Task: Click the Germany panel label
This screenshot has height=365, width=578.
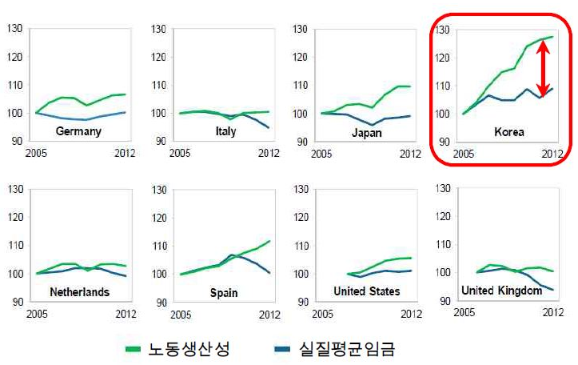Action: tap(78, 131)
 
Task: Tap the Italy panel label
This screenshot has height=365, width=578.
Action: tap(225, 131)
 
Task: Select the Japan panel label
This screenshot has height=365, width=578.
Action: tap(366, 132)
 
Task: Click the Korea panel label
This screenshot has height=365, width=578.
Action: tap(509, 132)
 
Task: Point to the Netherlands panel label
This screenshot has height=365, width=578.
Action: tap(79, 292)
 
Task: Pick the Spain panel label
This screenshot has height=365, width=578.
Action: tap(224, 293)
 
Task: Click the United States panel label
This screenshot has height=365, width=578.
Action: tap(366, 291)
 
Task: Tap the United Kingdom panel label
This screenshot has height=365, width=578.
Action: tap(502, 291)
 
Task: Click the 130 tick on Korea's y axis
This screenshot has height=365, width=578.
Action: tap(442, 30)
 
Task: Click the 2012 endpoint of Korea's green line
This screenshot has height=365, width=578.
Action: tap(552, 36)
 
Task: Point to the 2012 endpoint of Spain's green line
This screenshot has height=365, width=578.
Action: tap(271, 241)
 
